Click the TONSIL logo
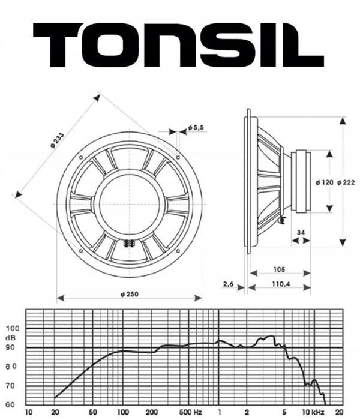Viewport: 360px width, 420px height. (178, 45)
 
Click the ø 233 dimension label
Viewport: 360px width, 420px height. (57, 140)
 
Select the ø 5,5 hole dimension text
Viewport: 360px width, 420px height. (196, 127)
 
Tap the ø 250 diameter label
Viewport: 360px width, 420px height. (130, 294)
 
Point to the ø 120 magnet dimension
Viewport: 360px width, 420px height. (325, 182)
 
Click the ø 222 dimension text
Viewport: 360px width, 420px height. (346, 182)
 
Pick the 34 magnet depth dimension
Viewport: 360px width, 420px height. (301, 233)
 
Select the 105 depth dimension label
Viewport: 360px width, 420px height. (280, 269)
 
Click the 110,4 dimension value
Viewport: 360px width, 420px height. (281, 284)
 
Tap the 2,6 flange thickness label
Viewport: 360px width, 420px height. (229, 284)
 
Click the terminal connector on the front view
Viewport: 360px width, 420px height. (129, 243)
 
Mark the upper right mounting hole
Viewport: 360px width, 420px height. (178, 157)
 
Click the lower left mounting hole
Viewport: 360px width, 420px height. (81, 251)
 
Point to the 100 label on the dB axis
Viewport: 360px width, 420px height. (13, 328)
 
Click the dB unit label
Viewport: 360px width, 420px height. (11, 338)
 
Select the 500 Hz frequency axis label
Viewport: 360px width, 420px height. (190, 412)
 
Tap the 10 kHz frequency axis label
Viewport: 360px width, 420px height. (313, 412)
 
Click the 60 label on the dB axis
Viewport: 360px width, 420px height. (10, 405)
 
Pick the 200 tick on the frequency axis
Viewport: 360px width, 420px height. (152, 412)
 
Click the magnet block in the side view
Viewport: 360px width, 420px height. (301, 181)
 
